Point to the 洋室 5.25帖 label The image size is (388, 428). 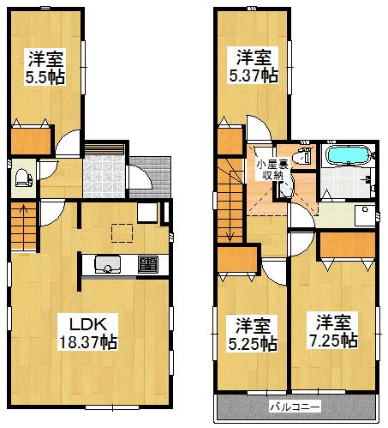coord(255,335)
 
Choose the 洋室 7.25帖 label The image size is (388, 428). coord(337,333)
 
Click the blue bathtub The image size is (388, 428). coord(348,157)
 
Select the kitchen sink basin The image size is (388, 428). coord(108,265)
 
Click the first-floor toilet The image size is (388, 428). coord(23,178)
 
